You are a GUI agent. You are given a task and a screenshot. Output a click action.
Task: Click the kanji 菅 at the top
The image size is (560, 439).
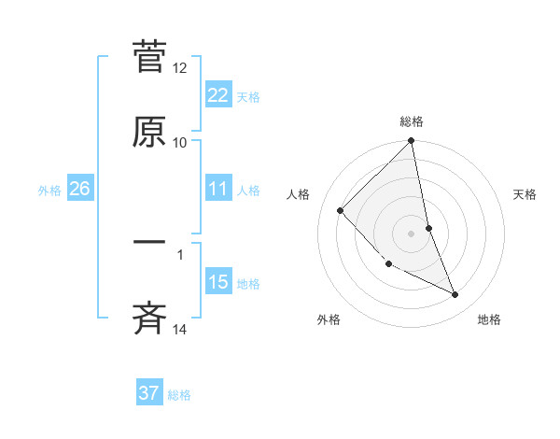[149, 58]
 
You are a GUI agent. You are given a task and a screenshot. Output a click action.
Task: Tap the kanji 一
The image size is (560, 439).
[149, 244]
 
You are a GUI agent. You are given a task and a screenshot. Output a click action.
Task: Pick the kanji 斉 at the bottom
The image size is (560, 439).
[149, 318]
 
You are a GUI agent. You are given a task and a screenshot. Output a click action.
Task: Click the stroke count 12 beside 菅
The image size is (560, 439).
[180, 68]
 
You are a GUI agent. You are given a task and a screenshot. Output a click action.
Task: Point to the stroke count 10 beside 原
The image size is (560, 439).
[180, 142]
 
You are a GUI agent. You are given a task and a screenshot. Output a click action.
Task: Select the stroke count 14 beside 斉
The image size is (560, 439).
[180, 329]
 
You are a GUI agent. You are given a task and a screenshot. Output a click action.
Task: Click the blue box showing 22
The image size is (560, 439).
[217, 95]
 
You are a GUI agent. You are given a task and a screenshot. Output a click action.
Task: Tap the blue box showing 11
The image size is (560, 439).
[217, 189]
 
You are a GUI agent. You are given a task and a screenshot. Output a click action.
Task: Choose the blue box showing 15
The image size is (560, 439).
[217, 282]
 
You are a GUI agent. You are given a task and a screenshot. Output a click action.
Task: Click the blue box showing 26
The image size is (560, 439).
[79, 189]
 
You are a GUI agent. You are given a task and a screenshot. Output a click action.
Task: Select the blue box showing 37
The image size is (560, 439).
[149, 393]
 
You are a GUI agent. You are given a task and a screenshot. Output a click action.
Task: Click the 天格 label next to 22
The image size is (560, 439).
[248, 96]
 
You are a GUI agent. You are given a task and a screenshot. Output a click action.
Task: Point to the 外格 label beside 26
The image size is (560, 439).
[49, 190]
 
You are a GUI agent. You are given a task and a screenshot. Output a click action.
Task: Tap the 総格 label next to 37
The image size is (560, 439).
[179, 394]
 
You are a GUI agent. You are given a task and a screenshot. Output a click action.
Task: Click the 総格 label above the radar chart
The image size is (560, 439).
[412, 121]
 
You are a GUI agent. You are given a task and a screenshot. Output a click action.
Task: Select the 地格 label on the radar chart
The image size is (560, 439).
[489, 319]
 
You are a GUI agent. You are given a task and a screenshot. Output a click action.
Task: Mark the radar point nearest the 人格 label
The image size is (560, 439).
[341, 210]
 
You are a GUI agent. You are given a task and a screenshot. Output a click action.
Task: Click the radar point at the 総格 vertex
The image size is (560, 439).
[412, 142]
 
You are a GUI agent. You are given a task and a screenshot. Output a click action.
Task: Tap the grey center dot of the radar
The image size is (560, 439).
[412, 233]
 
